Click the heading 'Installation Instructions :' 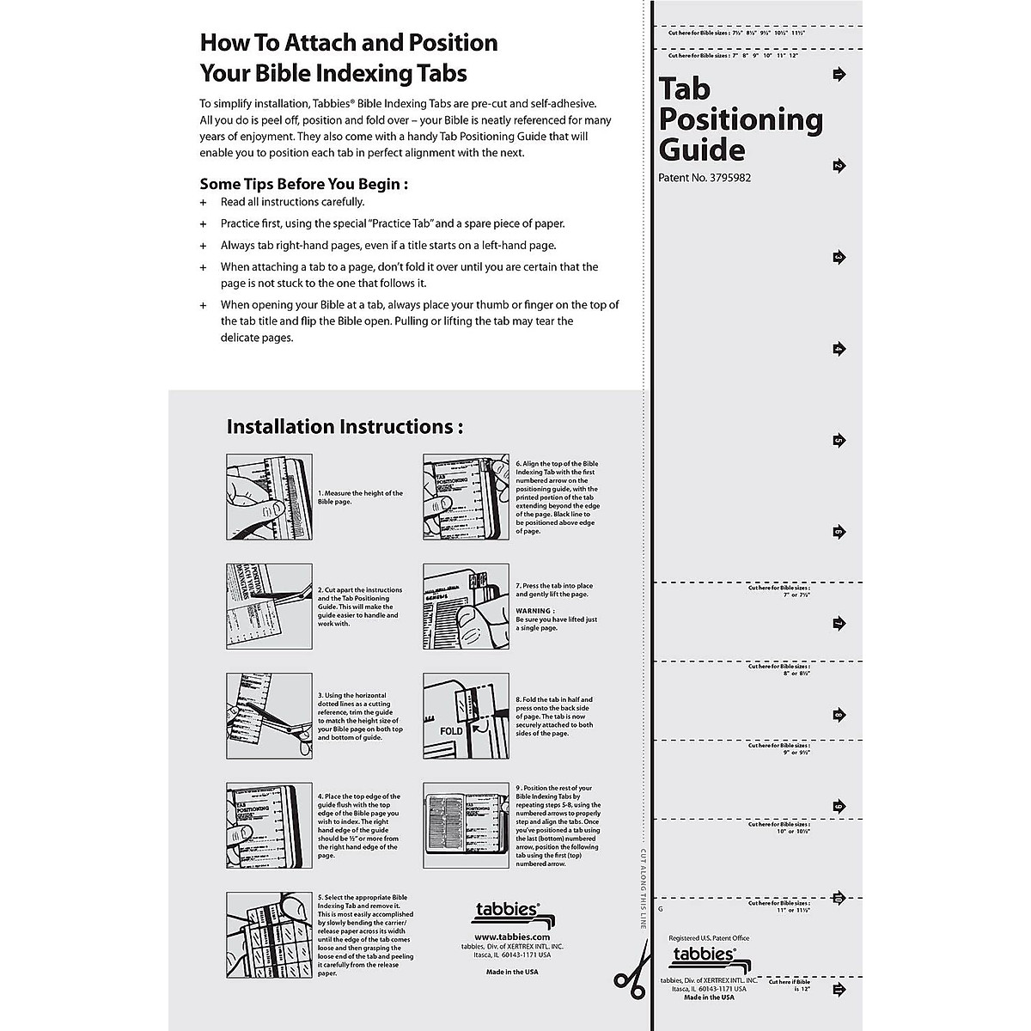[x=345, y=426]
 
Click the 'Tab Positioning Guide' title [x=739, y=119]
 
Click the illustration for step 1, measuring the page [x=269, y=497]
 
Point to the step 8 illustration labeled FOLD [x=466, y=716]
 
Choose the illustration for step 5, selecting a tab [x=269, y=935]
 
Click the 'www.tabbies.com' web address [x=511, y=937]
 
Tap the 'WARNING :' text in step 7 [x=534, y=611]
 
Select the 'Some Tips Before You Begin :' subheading [x=303, y=184]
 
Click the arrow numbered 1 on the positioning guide [x=839, y=76]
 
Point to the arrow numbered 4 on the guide [x=839, y=349]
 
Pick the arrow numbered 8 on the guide [x=839, y=715]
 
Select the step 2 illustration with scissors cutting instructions [x=269, y=607]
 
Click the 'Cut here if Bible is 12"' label [x=790, y=985]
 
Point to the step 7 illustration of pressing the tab [x=466, y=607]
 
